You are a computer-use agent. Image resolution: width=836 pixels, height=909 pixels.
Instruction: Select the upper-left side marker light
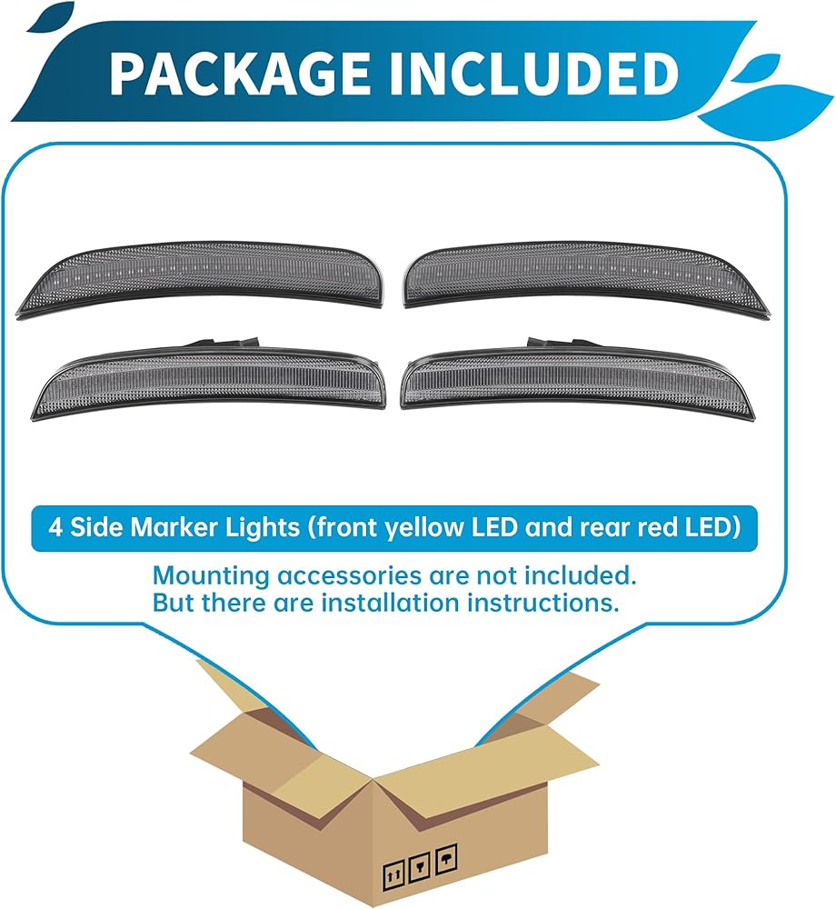click(200, 278)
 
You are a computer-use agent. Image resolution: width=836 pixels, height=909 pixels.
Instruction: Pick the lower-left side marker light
click(209, 380)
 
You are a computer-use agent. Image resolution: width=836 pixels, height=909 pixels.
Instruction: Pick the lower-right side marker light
click(578, 379)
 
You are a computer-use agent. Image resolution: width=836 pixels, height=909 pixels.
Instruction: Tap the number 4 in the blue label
click(55, 528)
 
